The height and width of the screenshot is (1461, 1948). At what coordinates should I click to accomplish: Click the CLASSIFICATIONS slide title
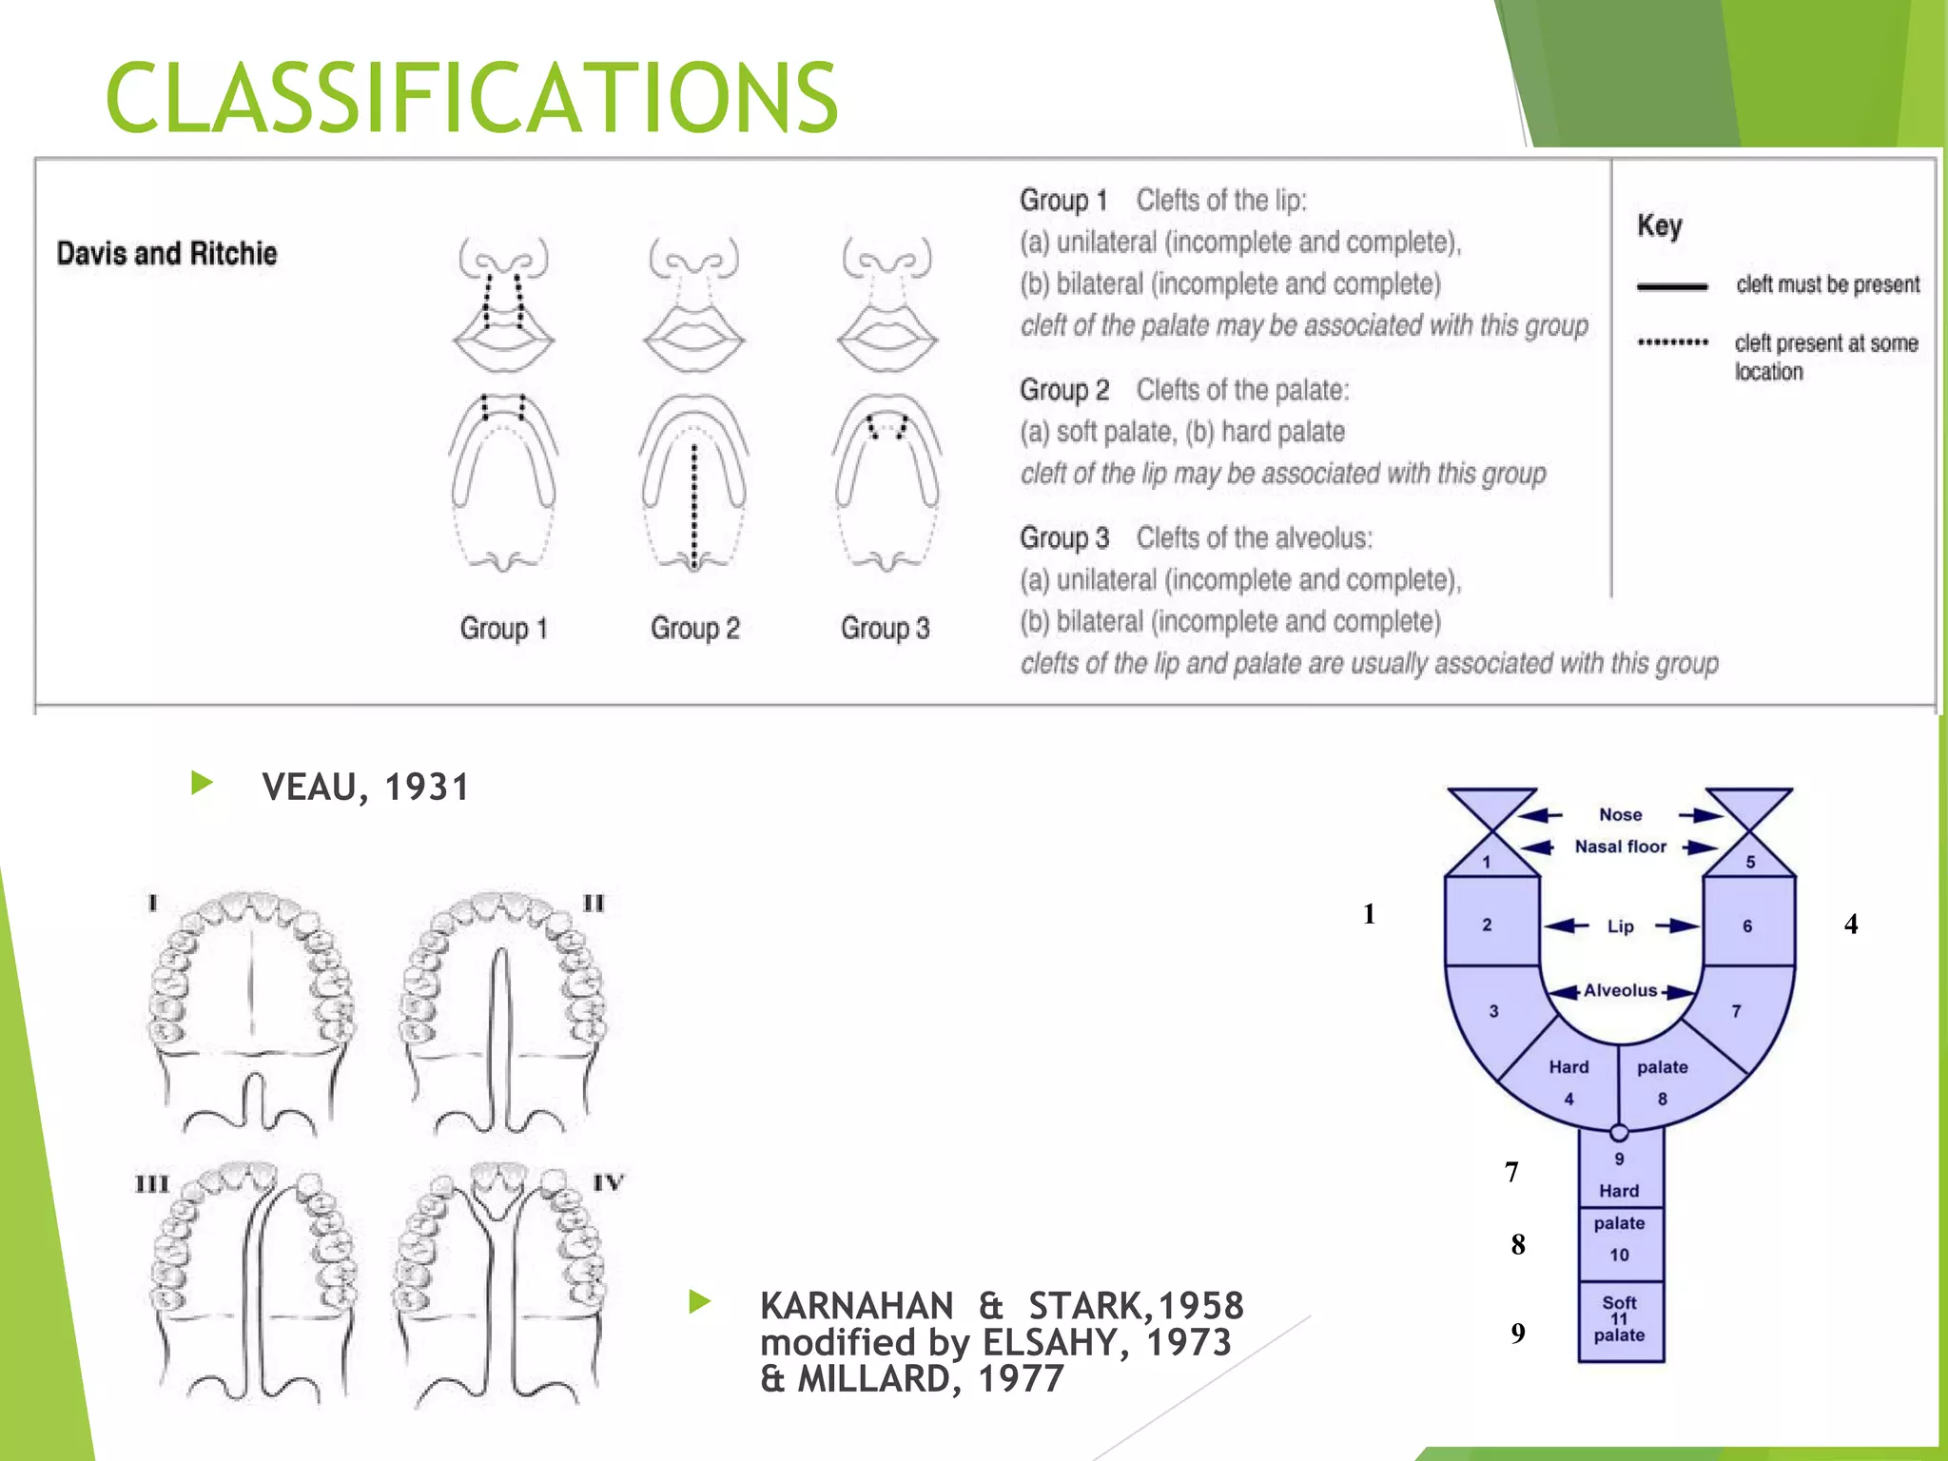pos(472,97)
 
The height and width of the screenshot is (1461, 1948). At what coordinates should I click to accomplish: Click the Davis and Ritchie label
pos(166,253)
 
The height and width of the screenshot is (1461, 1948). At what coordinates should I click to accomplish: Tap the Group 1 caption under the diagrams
pos(503,628)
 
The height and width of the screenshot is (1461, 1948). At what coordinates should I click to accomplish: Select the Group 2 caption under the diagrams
pos(694,628)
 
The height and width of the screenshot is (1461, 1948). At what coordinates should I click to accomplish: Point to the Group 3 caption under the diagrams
pos(885,628)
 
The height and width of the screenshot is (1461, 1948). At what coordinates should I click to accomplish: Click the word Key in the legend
pos(1659,225)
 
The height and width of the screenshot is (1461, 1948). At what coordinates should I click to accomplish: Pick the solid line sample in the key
pos(1672,285)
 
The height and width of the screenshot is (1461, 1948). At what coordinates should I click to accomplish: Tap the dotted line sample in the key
pos(1672,342)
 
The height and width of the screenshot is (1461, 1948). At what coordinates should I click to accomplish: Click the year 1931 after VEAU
pos(427,788)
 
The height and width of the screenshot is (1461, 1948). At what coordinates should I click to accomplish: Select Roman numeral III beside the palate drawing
pos(151,1184)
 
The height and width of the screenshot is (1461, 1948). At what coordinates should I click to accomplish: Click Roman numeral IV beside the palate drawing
pos(608,1182)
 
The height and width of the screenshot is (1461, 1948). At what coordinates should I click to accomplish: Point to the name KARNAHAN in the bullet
pos(856,1306)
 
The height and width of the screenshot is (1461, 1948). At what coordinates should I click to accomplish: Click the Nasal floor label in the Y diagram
pos(1620,847)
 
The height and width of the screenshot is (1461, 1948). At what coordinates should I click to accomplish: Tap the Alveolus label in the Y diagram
pos(1620,990)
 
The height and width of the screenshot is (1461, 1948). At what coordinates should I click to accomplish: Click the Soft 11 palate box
pos(1620,1320)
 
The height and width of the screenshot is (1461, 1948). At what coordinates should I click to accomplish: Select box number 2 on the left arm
pos(1487,925)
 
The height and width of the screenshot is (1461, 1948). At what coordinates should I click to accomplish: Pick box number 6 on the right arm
pos(1747,925)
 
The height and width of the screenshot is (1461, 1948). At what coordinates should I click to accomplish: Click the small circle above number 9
pos(1619,1133)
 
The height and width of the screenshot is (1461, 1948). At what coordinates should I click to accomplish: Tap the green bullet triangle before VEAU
pos(202,784)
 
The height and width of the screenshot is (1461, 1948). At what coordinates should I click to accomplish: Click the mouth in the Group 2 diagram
pos(694,338)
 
